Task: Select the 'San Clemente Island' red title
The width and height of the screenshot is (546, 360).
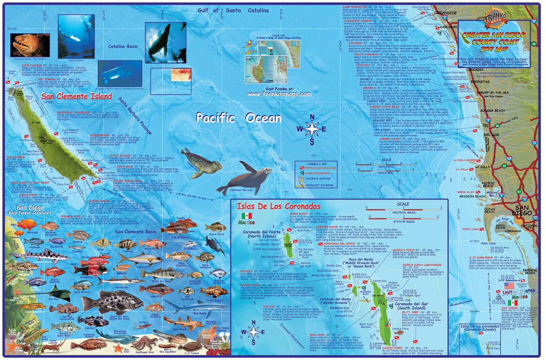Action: coord(76,96)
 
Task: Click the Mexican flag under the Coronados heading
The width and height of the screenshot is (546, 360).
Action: coord(247,215)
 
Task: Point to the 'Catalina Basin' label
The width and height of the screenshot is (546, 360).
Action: coord(123,46)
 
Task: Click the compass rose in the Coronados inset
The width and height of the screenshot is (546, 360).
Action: coord(253,333)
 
